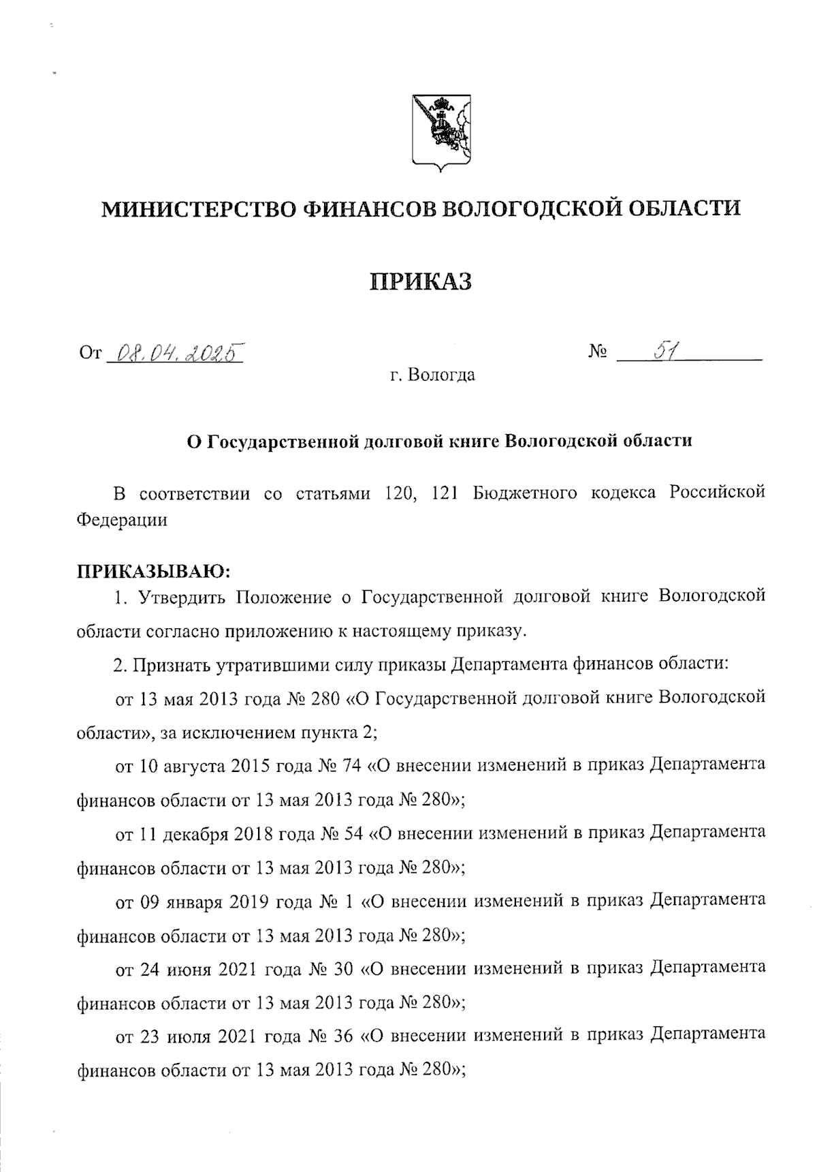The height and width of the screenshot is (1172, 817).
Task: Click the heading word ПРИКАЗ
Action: pos(421,281)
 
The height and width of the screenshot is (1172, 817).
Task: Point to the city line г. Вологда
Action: pos(428,375)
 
